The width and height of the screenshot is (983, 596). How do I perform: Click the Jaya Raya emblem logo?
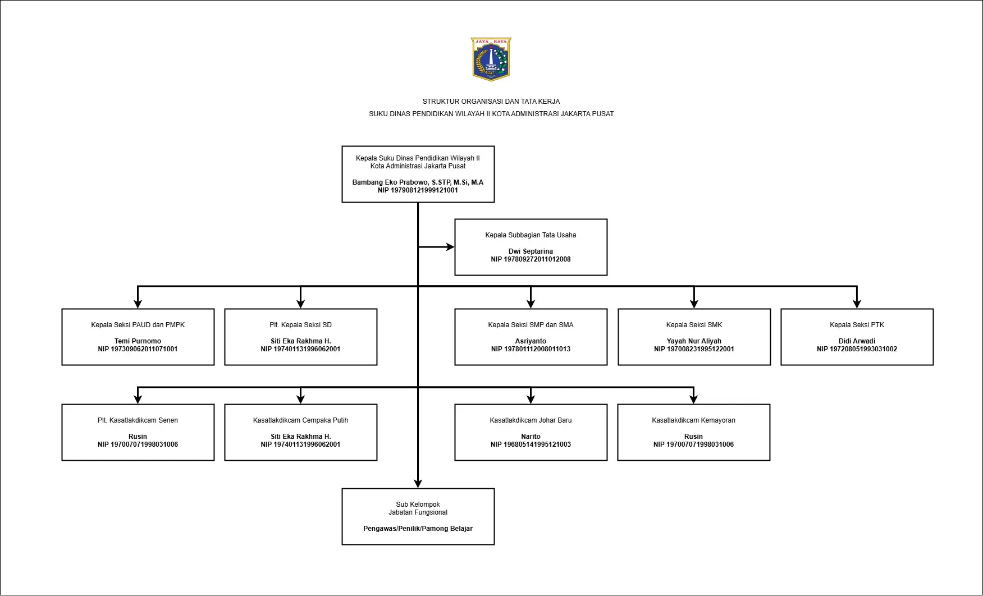point(491,59)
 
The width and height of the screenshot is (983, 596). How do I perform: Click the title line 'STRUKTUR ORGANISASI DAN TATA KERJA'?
point(491,102)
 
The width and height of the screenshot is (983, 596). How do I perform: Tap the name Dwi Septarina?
point(531,251)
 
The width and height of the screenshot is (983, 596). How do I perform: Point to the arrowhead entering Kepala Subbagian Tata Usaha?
point(450,247)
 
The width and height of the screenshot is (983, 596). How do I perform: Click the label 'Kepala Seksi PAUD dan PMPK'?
point(138,325)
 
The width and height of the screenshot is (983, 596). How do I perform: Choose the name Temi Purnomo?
point(138,341)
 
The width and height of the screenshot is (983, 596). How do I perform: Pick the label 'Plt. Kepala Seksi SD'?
point(300,325)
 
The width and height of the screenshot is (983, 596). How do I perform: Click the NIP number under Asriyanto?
point(531,349)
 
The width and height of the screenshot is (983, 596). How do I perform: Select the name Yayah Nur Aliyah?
point(694,341)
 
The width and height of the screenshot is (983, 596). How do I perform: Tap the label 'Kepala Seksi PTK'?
point(857,325)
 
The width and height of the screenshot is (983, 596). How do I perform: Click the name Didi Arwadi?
point(857,341)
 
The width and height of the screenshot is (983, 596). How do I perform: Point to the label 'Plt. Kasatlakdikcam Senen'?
point(138,420)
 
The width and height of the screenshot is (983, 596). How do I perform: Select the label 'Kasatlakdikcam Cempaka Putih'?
point(300,420)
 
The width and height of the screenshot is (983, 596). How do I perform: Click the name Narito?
point(531,437)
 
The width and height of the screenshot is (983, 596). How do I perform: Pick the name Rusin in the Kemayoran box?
point(693,437)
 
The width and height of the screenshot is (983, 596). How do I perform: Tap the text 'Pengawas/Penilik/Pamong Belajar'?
point(418,529)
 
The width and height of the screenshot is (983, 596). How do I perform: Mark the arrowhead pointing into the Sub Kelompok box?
point(418,484)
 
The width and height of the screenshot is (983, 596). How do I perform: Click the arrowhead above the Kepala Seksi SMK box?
point(694,304)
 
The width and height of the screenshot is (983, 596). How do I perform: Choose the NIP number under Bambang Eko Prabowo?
point(418,190)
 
